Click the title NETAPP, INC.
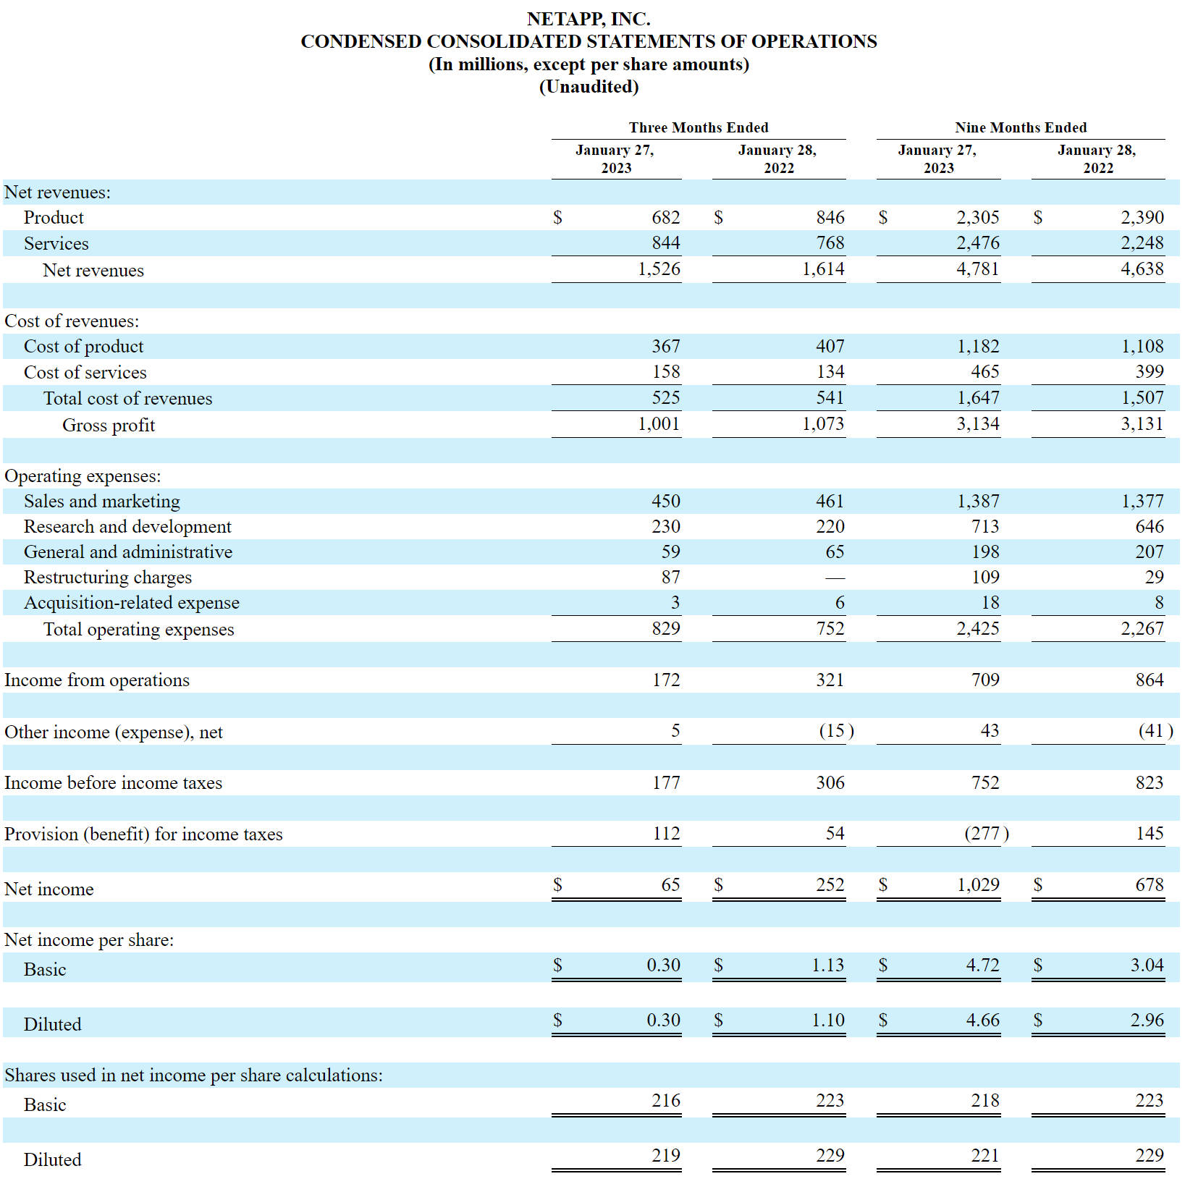coord(589,19)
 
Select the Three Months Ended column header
coord(699,127)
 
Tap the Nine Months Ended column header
coord(1021,127)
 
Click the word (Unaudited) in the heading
coord(589,87)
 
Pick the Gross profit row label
coord(109,425)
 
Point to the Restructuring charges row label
coord(108,577)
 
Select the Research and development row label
coord(127,526)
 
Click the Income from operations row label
coord(97,680)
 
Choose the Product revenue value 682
coord(666,217)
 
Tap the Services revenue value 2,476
coord(978,242)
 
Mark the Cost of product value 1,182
coord(978,346)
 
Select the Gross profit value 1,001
coord(659,423)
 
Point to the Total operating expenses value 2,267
coord(1142,628)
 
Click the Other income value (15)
coord(836,730)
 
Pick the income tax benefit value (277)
coord(987,833)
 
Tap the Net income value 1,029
coord(978,884)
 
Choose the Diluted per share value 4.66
coord(983,1020)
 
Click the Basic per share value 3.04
coord(1147,965)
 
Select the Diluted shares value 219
coord(666,1155)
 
